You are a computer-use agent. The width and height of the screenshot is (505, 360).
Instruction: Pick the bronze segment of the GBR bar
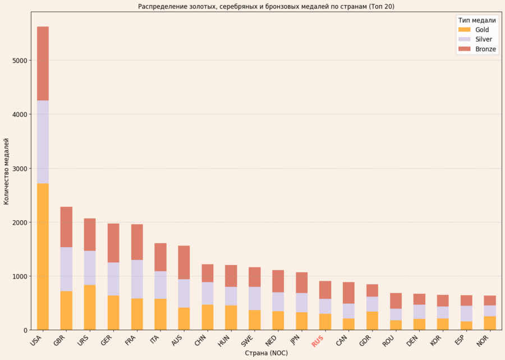[x=66, y=227]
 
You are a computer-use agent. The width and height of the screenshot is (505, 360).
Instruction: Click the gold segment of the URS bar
[x=90, y=307]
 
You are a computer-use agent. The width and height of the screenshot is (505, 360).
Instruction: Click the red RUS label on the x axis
[x=318, y=340]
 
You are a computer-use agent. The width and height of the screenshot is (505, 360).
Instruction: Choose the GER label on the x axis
[x=106, y=340]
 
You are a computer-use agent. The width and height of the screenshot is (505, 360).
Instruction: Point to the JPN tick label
[x=294, y=340]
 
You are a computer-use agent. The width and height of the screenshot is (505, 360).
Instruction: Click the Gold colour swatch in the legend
[x=465, y=29]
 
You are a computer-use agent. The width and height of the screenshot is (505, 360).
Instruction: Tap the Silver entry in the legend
[x=483, y=39]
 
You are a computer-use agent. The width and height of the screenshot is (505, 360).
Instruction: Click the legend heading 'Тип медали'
[x=477, y=20]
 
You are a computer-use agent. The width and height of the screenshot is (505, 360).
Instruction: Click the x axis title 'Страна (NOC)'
[x=267, y=353]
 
